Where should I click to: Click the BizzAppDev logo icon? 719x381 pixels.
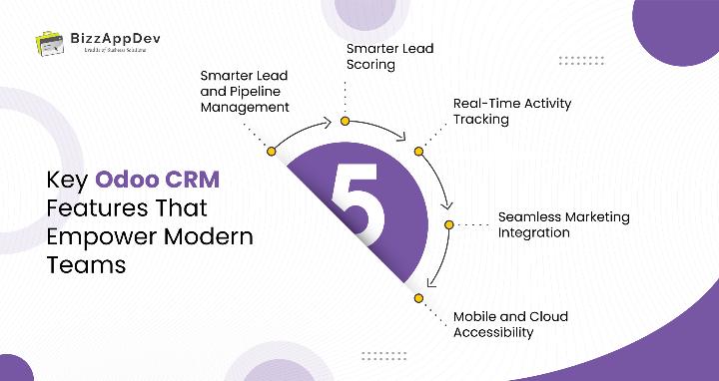pos(46,43)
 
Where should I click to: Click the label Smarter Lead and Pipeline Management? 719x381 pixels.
pos(246,91)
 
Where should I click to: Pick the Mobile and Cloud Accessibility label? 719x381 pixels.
pos(510,324)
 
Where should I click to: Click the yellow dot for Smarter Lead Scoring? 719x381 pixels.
pos(345,122)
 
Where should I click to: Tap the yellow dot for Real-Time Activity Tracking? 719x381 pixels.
pos(419,151)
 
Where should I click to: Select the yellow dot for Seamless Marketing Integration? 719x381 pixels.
pos(449,224)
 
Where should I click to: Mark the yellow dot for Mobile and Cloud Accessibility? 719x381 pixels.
pos(419,298)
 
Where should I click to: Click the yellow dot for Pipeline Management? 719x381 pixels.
pos(271,152)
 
